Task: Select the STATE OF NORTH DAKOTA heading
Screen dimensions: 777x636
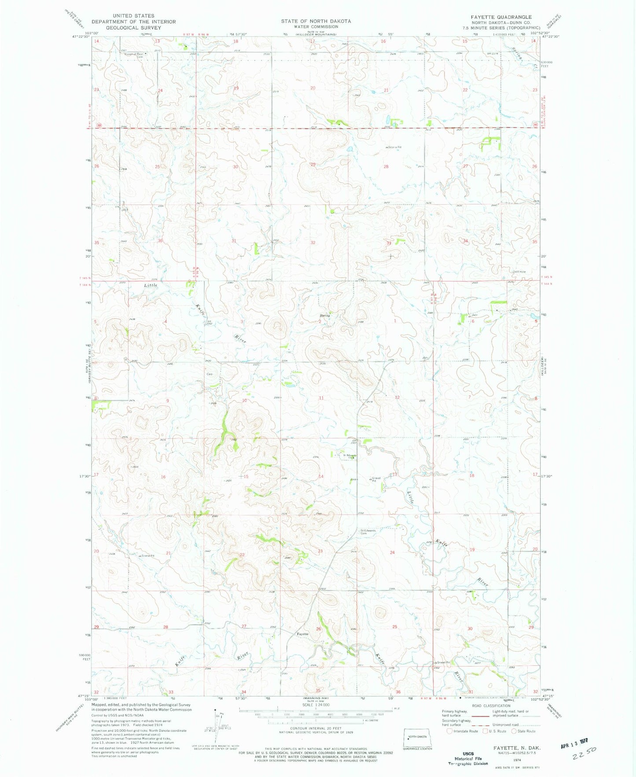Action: click(316, 21)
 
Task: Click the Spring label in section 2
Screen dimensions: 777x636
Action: click(325, 315)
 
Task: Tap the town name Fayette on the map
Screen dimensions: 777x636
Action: click(302, 634)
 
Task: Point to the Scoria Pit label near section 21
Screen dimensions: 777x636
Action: click(147, 556)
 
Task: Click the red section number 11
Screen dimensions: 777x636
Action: click(321, 398)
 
